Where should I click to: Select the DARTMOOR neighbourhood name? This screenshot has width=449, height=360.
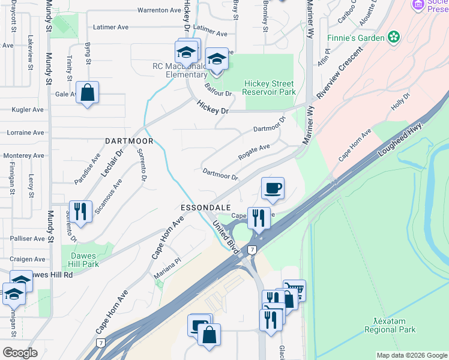point(129,141)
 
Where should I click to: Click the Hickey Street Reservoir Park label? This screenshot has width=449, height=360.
point(269,88)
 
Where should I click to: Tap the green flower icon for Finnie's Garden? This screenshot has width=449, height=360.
point(394,38)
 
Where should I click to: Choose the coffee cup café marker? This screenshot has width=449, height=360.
point(273,188)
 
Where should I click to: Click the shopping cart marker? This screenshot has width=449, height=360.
point(294,290)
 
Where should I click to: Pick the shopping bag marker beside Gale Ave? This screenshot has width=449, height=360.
point(87,93)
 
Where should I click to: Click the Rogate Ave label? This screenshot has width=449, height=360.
point(254,151)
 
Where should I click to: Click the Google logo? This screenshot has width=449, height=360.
point(19,353)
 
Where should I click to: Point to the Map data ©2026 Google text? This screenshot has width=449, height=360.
point(411,355)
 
